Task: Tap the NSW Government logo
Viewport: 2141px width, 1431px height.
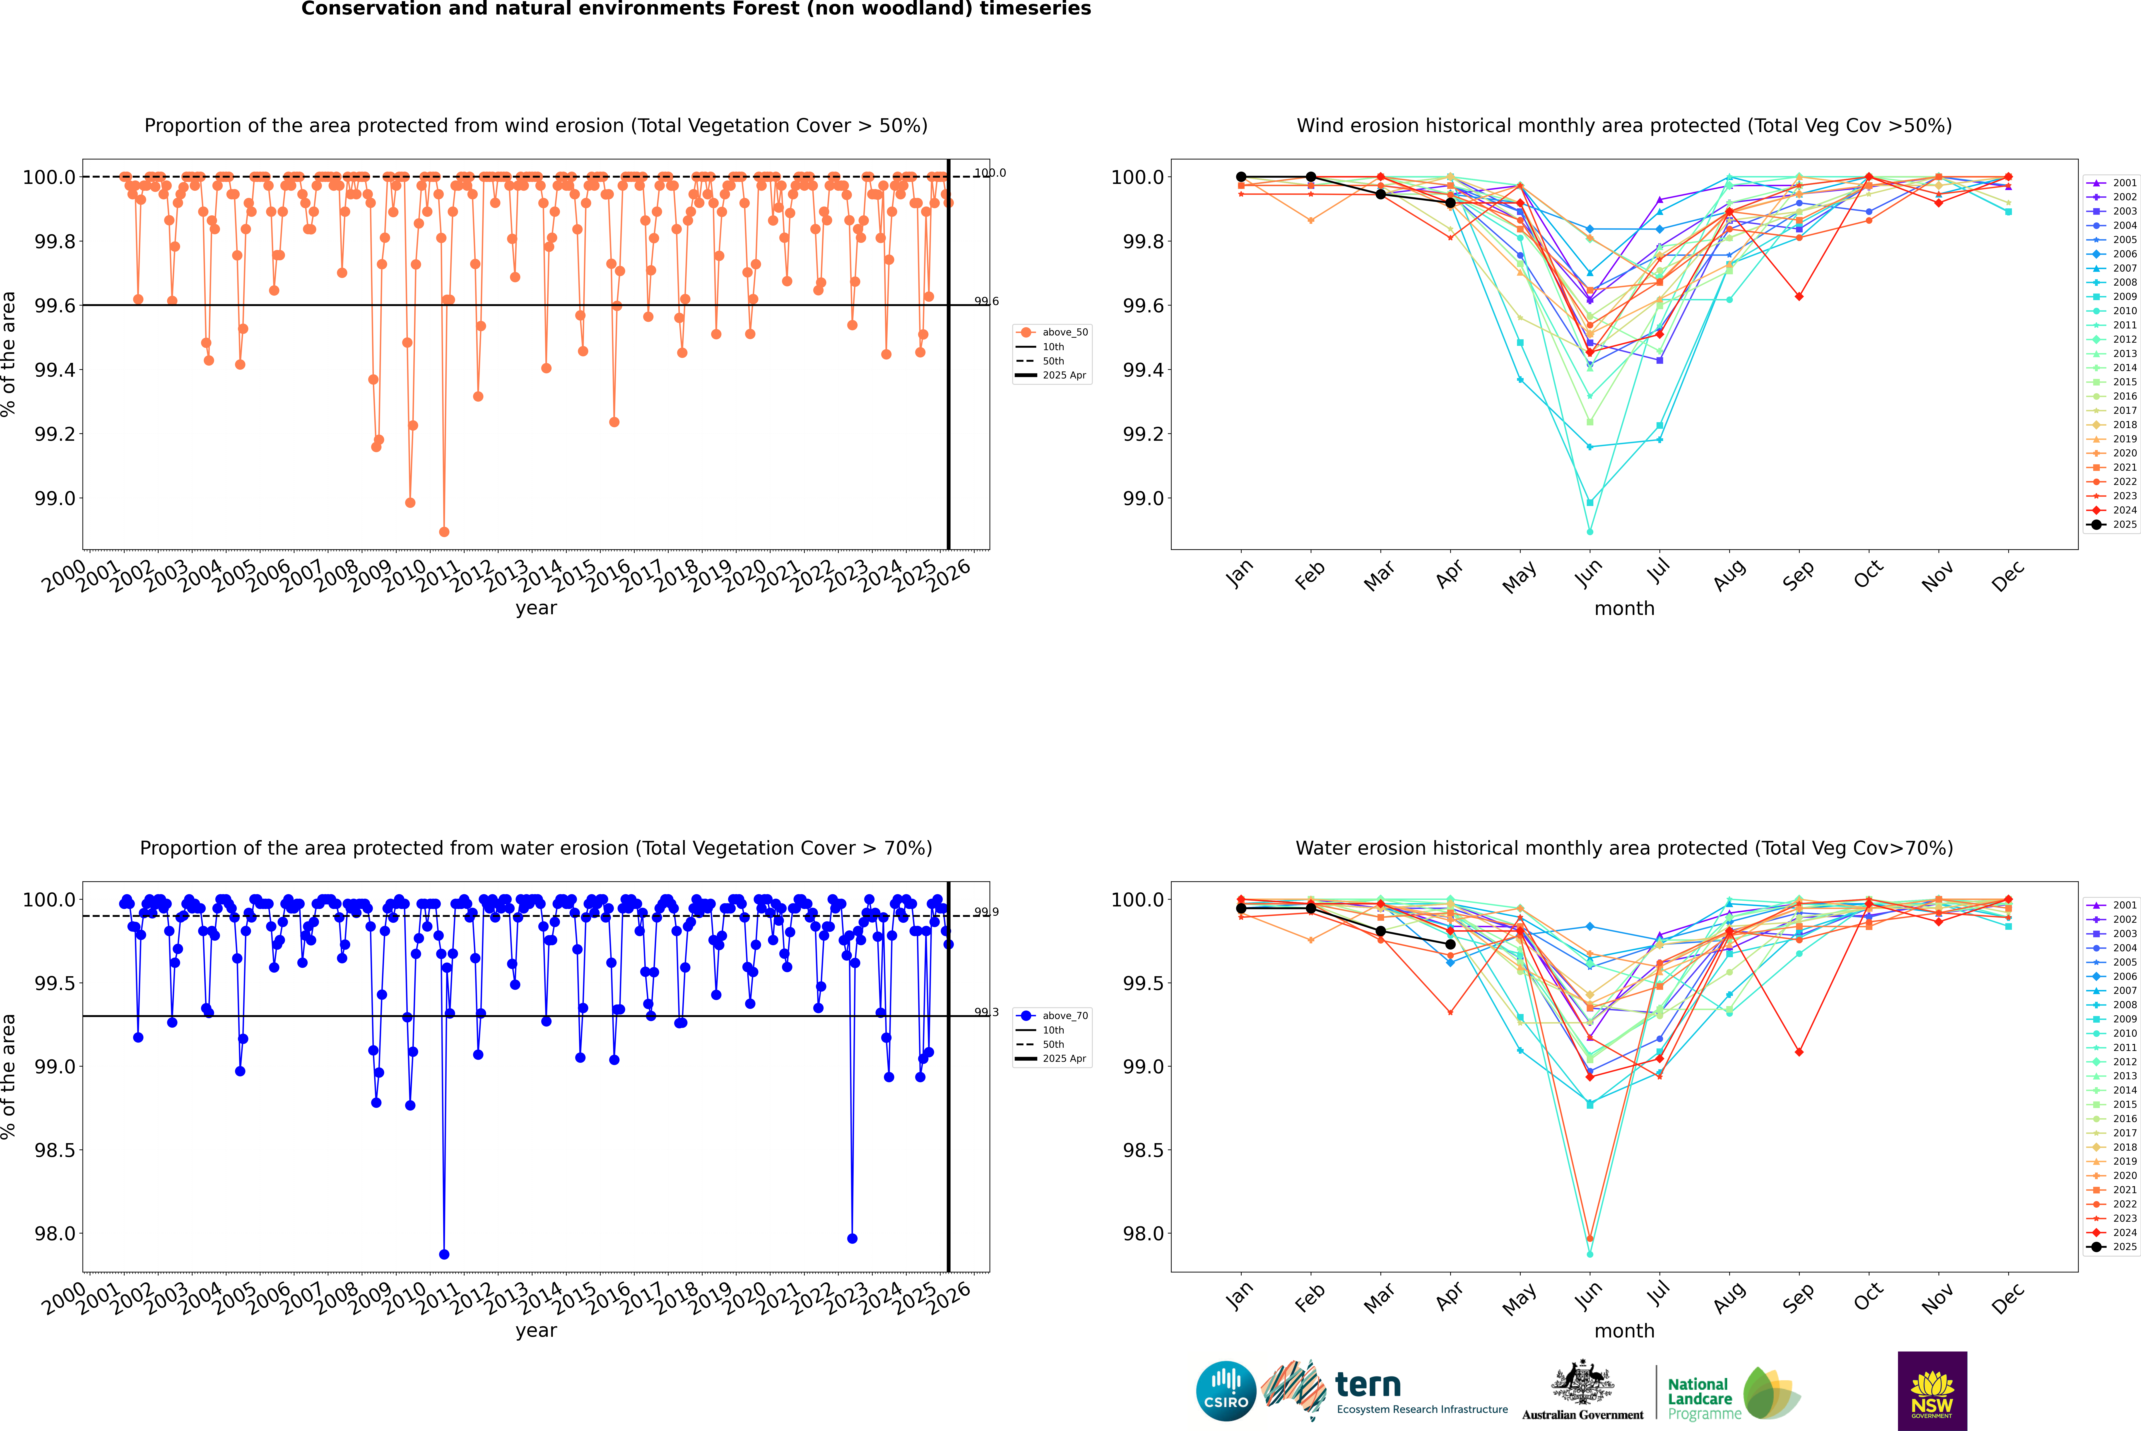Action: tap(1932, 1391)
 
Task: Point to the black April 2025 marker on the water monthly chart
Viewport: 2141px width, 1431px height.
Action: tap(1450, 944)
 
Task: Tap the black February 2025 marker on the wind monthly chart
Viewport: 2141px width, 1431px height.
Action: tap(1310, 177)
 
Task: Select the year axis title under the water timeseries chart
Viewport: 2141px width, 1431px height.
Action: tap(536, 1331)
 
